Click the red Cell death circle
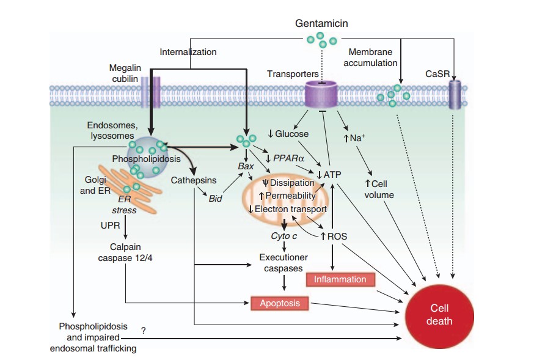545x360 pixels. click(x=440, y=315)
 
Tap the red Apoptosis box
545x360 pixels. click(x=279, y=302)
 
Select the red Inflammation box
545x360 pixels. click(x=340, y=279)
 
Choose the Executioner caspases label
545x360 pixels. click(x=283, y=263)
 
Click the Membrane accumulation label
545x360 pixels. click(x=372, y=57)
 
